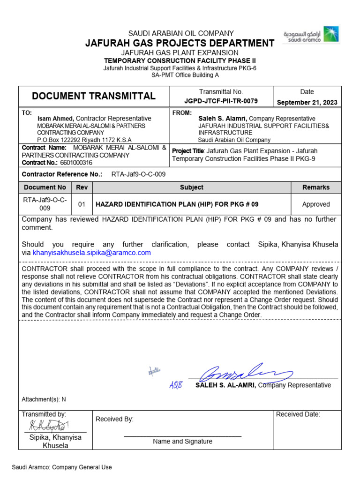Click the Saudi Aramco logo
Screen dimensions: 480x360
click(x=311, y=35)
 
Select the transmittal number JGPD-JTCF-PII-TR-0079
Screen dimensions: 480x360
click(x=221, y=101)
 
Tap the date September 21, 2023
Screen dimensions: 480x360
click(x=307, y=102)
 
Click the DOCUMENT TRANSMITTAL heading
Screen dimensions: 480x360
click(x=93, y=97)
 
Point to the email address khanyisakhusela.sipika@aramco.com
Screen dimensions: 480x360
click(x=92, y=253)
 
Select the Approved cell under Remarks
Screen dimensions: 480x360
click(x=315, y=204)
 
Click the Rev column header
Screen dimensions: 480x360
click(x=82, y=187)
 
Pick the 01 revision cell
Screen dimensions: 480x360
click(x=82, y=204)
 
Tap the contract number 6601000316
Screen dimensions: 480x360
click(x=76, y=163)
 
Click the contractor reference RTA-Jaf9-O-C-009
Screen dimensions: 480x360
click(x=138, y=174)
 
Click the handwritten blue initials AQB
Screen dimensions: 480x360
click(x=175, y=385)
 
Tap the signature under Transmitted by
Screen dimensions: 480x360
click(x=49, y=426)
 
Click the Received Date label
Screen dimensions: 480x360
click(x=298, y=414)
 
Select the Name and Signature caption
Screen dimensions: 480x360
click(x=182, y=442)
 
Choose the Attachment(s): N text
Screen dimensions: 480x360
click(x=44, y=399)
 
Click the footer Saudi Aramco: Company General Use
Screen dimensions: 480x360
click(x=62, y=467)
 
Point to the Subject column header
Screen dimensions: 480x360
click(x=191, y=187)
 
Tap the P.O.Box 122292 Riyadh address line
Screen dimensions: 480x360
click(x=84, y=140)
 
